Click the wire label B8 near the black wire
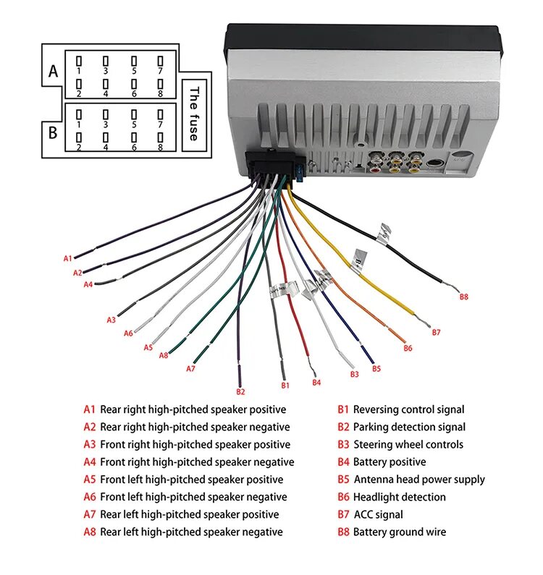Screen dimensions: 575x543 464,296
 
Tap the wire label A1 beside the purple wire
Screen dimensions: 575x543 68,258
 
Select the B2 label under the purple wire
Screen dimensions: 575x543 240,391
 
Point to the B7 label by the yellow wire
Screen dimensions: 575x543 436,332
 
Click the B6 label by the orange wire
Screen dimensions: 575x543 408,348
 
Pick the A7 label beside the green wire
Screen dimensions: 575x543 190,368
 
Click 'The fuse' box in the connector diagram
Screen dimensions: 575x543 193,114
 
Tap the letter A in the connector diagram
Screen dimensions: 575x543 52,71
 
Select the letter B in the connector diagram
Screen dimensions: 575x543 52,133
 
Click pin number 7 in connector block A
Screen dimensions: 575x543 160,71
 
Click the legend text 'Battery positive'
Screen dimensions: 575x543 390,462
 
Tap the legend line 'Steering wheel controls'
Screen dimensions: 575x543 408,445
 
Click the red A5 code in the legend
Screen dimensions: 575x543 89,480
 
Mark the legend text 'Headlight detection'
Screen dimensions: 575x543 399,497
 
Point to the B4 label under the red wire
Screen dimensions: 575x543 316,382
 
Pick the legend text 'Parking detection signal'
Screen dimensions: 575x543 409,427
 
